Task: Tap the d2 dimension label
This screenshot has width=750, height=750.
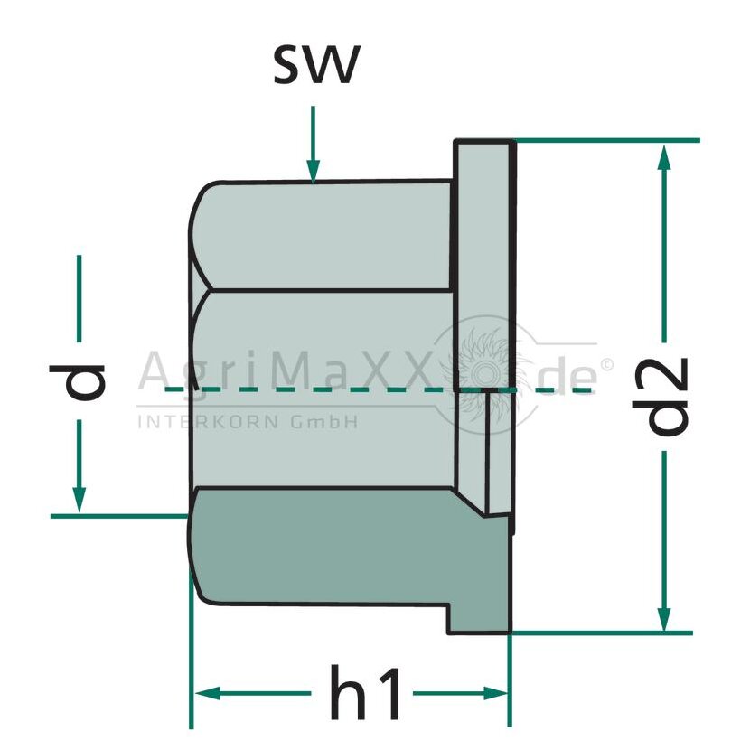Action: pos(661,397)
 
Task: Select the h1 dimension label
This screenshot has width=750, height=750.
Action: pos(365,693)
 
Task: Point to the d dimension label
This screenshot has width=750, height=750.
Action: pos(77,381)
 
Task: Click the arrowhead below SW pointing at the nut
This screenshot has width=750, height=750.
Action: pos(314,172)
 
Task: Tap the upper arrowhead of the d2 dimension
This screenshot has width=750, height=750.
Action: pos(664,157)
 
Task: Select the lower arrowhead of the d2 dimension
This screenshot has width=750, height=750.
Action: pos(664,619)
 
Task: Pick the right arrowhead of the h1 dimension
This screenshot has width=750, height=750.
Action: pos(495,693)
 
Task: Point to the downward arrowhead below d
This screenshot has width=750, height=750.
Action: pos(80,500)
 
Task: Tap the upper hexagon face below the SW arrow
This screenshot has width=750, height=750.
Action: pos(325,235)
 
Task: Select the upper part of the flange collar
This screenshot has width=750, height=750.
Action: pos(484,263)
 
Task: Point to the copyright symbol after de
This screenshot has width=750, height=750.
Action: pos(605,365)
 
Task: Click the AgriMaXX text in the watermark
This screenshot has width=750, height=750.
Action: pos(283,370)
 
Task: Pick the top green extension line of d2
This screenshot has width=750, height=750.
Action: pos(607,141)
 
